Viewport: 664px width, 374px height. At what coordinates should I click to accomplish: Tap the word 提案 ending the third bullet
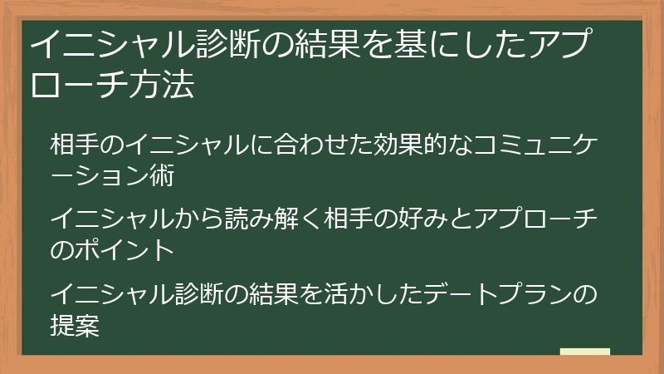[x=76, y=326]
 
